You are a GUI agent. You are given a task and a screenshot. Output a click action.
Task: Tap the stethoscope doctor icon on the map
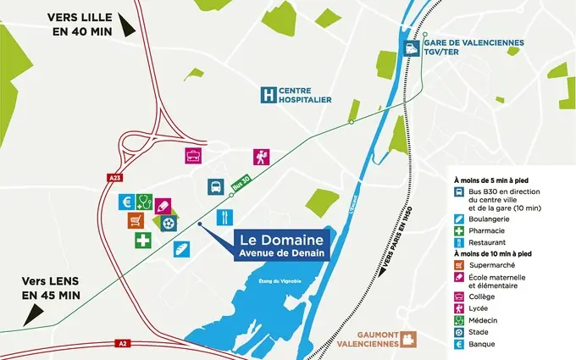[x=144, y=202]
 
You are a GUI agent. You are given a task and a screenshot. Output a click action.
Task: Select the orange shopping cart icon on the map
[x=136, y=220]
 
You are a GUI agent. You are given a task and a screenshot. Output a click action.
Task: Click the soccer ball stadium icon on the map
[x=170, y=223]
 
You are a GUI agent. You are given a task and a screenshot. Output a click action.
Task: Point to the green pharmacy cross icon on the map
[x=143, y=241]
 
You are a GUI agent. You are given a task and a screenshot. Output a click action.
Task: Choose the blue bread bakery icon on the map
[x=180, y=248]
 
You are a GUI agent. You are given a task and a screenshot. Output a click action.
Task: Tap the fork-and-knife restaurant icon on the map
[x=224, y=215]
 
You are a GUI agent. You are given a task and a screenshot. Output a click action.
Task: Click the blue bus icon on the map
[x=215, y=187]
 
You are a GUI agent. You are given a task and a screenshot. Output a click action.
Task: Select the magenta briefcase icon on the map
[x=194, y=156]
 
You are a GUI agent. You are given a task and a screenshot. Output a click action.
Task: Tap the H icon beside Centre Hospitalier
[x=269, y=95]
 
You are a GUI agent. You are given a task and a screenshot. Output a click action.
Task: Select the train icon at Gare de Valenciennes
[x=413, y=48]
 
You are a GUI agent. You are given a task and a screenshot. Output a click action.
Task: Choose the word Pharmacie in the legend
[x=487, y=230]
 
